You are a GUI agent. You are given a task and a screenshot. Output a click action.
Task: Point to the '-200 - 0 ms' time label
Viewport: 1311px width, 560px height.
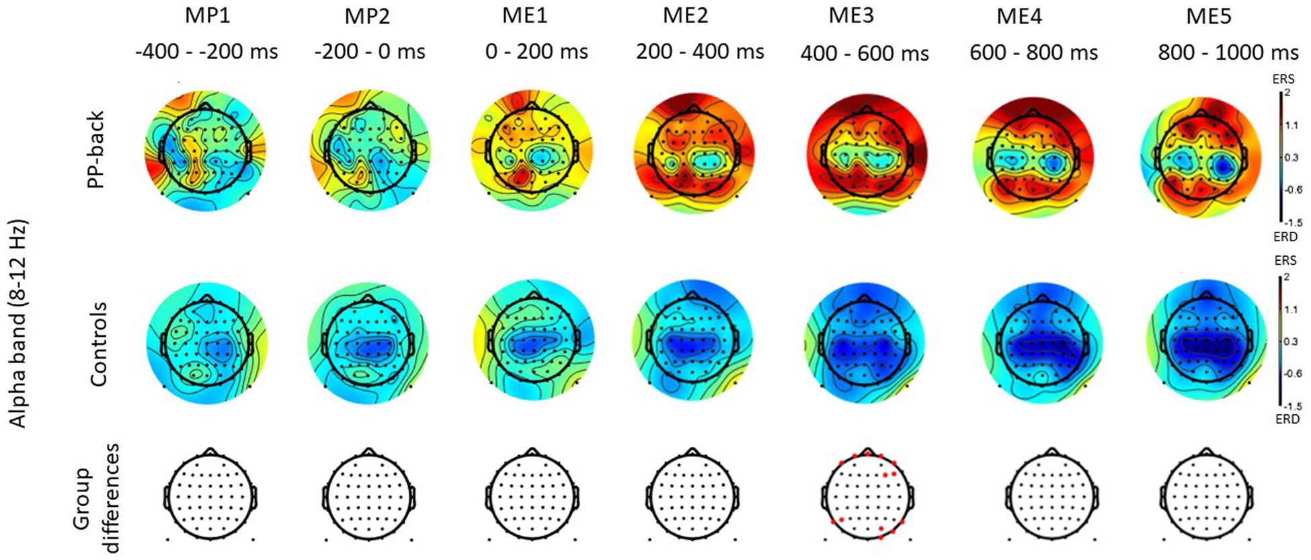(370, 52)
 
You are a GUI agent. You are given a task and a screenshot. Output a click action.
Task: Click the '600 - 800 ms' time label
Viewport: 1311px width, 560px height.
(1033, 52)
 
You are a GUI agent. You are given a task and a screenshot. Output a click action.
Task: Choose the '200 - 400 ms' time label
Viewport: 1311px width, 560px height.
(700, 52)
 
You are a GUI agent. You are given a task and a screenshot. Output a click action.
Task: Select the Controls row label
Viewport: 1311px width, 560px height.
(98, 344)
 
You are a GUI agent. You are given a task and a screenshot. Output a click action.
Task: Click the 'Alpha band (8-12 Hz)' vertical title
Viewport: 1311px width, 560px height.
(18, 323)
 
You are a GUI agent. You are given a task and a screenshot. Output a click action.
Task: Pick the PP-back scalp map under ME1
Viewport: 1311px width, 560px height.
(532, 151)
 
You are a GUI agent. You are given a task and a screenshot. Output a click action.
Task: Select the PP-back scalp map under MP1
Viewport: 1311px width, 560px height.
(206, 151)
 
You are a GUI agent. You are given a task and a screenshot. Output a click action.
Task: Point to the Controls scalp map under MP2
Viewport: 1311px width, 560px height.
(368, 343)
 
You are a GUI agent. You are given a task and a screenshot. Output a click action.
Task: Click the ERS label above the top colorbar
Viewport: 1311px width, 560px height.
(1283, 79)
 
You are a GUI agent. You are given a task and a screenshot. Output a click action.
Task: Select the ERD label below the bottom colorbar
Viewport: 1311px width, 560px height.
(1287, 419)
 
